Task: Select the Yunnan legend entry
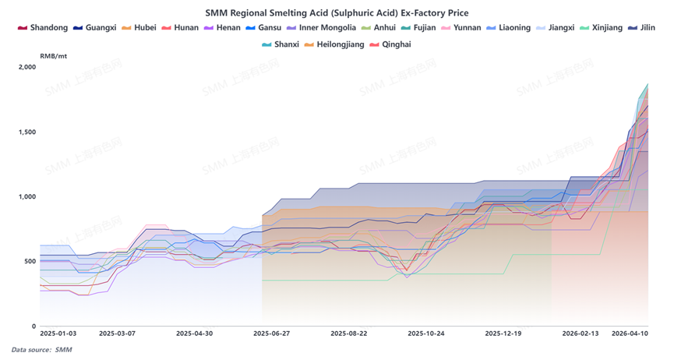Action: (462, 28)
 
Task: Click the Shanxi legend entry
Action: (281, 44)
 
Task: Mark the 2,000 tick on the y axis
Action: (26, 67)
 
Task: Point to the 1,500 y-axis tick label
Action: (26, 132)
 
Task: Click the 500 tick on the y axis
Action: (29, 261)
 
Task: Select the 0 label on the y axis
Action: (33, 326)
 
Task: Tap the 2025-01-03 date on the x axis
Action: (58, 333)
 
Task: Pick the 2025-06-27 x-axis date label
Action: (272, 333)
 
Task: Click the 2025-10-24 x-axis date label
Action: (427, 333)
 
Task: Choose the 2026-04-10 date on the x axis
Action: (630, 333)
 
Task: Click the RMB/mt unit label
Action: (54, 56)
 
